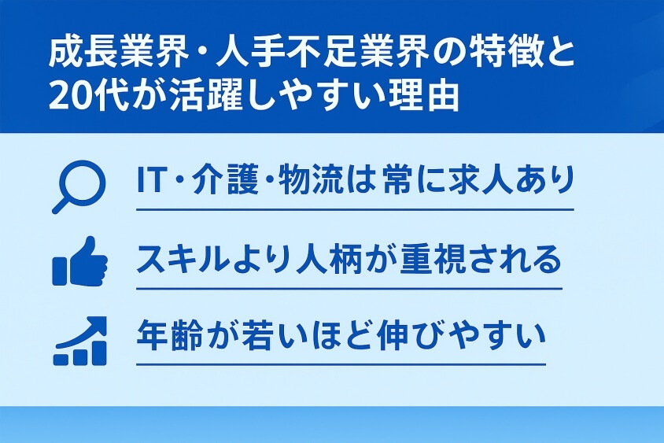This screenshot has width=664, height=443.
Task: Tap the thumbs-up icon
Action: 79,261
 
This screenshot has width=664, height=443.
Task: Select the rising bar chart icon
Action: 79,342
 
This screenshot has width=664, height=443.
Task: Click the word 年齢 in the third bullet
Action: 168,336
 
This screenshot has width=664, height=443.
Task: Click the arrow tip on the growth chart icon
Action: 100,323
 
